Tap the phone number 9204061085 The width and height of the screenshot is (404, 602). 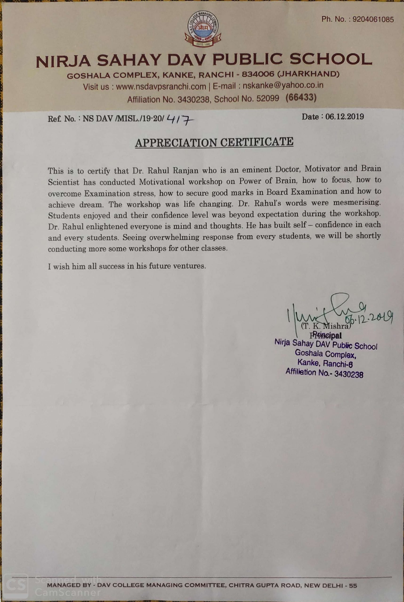373,20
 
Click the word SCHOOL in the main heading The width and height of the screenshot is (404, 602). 331,60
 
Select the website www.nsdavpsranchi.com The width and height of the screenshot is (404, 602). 161,87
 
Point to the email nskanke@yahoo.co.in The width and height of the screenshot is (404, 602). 283,85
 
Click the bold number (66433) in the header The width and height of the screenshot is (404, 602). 301,98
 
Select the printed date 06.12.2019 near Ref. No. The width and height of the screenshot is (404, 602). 344,117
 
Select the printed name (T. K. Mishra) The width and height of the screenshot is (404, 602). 326,326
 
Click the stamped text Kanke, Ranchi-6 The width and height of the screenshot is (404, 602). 325,363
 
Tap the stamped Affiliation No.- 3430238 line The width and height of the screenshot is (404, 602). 324,373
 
